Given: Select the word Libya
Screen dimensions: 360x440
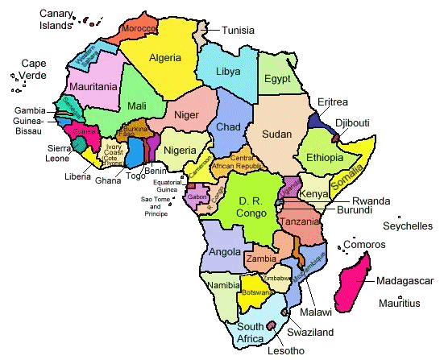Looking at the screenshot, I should point(228,72).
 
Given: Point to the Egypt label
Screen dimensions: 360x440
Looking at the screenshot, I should point(276,79).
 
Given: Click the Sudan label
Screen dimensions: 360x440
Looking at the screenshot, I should point(276,133).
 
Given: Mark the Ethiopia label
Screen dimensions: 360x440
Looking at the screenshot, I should point(326,158).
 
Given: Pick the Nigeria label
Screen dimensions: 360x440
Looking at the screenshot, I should point(181,151).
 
